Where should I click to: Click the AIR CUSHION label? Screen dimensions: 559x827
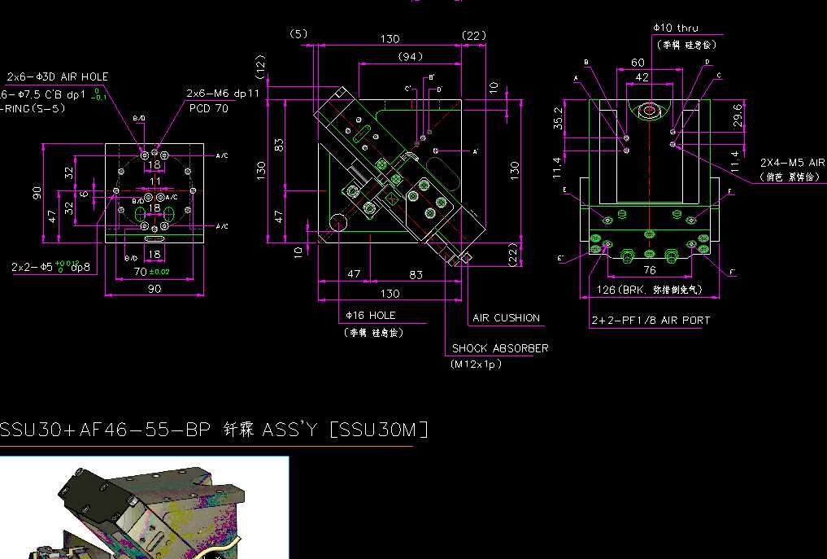tap(506, 318)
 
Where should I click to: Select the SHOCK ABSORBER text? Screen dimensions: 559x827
tap(500, 348)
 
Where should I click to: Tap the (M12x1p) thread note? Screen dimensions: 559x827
tap(476, 365)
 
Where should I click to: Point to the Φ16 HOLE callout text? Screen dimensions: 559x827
tap(371, 315)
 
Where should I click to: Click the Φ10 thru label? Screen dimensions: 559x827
tap(675, 28)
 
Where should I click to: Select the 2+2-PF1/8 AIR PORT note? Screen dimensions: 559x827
tap(651, 321)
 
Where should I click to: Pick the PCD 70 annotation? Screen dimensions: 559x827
tap(209, 107)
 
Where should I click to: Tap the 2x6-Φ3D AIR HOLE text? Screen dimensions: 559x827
tap(58, 76)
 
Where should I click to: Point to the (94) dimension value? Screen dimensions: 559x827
tap(411, 57)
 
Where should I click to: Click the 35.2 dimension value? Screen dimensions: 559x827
tap(558, 119)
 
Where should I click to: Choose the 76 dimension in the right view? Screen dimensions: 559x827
tap(650, 270)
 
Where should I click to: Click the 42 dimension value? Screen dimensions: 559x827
tap(642, 77)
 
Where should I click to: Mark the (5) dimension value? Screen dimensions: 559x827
tap(298, 33)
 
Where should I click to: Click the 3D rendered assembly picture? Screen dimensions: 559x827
tap(144, 509)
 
